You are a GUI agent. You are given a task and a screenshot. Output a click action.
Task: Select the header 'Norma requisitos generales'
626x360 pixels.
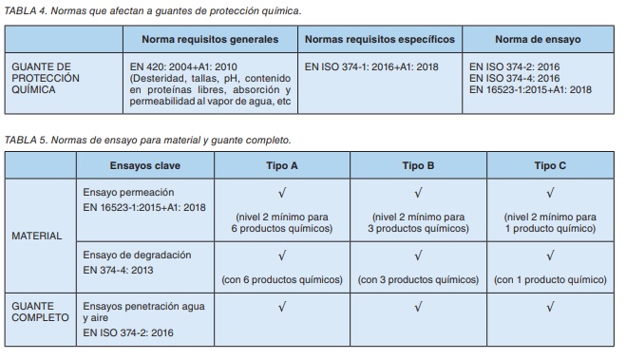click(x=210, y=40)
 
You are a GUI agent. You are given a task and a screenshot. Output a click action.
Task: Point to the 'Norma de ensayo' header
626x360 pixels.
click(x=538, y=40)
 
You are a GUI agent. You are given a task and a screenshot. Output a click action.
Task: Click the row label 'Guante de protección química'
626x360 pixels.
click(x=46, y=77)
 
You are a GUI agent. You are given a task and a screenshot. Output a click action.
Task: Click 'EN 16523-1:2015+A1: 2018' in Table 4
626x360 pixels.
click(x=531, y=89)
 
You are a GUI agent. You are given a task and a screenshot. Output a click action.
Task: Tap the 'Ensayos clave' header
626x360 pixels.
click(x=144, y=165)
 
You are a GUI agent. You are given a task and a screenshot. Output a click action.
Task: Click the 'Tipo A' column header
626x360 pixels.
click(x=281, y=165)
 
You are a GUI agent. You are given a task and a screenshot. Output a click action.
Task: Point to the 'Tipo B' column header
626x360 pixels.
click(x=418, y=165)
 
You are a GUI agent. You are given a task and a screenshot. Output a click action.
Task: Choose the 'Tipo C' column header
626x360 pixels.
click(x=551, y=165)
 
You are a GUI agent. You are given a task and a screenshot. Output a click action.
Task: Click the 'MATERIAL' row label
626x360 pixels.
click(x=37, y=236)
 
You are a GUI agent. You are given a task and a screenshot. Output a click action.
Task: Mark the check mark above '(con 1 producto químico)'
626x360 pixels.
click(x=551, y=256)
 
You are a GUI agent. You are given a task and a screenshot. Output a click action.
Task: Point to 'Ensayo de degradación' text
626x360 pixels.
click(x=137, y=256)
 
